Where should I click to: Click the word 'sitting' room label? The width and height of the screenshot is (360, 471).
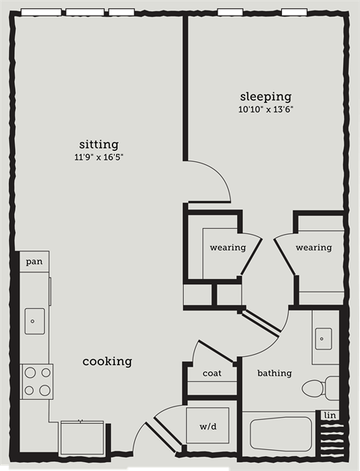pyautogui.click(x=99, y=144)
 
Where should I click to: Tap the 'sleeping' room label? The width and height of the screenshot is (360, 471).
pyautogui.click(x=265, y=97)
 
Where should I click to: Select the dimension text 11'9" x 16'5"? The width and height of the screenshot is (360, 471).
pyautogui.click(x=99, y=157)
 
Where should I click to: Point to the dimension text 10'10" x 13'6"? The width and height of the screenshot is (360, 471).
pyautogui.click(x=265, y=109)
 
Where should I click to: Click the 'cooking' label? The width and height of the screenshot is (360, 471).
pyautogui.click(x=107, y=361)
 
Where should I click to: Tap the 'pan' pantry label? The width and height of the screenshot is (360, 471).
pyautogui.click(x=34, y=262)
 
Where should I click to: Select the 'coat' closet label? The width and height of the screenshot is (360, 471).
pyautogui.click(x=211, y=373)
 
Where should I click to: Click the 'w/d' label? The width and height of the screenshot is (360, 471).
pyautogui.click(x=208, y=427)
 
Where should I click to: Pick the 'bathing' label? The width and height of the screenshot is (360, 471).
pyautogui.click(x=274, y=373)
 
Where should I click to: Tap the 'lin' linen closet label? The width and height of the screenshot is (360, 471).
pyautogui.click(x=329, y=415)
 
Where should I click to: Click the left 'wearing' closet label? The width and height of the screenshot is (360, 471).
pyautogui.click(x=228, y=247)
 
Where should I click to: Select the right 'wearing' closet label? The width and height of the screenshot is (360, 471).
pyautogui.click(x=313, y=247)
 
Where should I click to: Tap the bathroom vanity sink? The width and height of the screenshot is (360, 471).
pyautogui.click(x=322, y=339)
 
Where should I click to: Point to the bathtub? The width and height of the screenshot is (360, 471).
pyautogui.click(x=280, y=434)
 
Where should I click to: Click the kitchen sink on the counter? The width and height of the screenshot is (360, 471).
pyautogui.click(x=34, y=320)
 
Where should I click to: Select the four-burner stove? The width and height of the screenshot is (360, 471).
pyautogui.click(x=37, y=381)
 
